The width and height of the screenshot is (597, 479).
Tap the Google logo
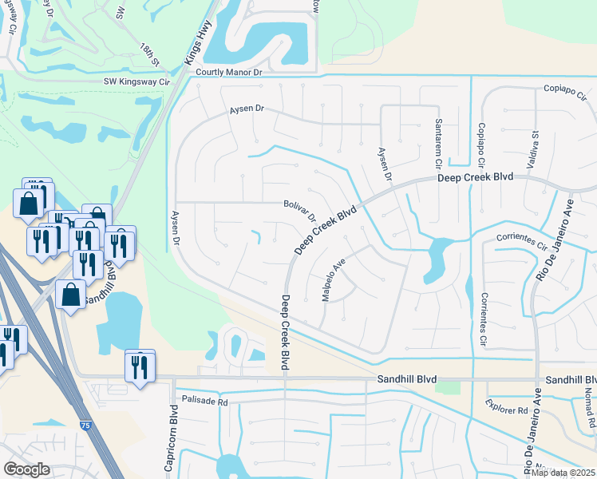26,469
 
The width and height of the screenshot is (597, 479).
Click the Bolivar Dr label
301,211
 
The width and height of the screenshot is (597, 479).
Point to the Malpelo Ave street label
333,279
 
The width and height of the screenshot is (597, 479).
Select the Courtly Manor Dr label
229,72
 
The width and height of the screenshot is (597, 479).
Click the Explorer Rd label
507,410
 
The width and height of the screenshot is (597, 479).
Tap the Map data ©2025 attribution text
563,473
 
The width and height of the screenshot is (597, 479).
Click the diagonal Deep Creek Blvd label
325,232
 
